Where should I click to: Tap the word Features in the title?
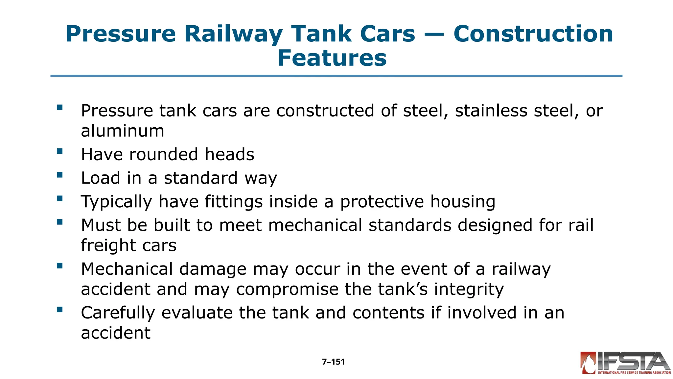[332, 58]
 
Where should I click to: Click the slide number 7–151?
[333, 362]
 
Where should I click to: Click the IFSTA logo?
[625, 363]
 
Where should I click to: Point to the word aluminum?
[123, 131]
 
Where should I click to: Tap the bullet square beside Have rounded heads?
[59, 151]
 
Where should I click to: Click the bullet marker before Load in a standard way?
[59, 175]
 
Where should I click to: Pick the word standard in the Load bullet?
[200, 178]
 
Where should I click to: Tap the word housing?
[462, 202]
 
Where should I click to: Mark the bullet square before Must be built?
[59, 222]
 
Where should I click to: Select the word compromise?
[287, 290]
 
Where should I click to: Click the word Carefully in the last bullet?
[118, 313]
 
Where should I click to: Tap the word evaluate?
[197, 313]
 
